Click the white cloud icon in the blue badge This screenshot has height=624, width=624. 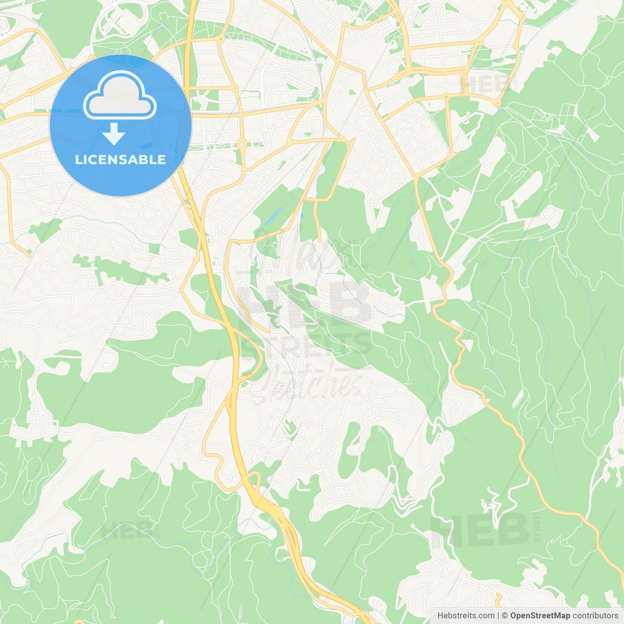pos(120,96)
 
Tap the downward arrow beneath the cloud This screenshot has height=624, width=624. pos(114,134)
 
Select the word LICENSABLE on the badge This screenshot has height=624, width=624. pos(120,159)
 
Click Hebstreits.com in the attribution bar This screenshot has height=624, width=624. pos(466,616)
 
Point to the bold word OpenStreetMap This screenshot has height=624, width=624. pos(540,616)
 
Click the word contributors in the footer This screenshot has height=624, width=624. pos(595,616)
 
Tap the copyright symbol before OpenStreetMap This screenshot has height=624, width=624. pos(505,616)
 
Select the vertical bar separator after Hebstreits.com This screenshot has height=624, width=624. pos(498,616)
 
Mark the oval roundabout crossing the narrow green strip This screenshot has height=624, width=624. pos(241,145)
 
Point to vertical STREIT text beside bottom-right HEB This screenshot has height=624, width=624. pos(537,526)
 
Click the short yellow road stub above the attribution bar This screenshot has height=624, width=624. pos(499,601)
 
